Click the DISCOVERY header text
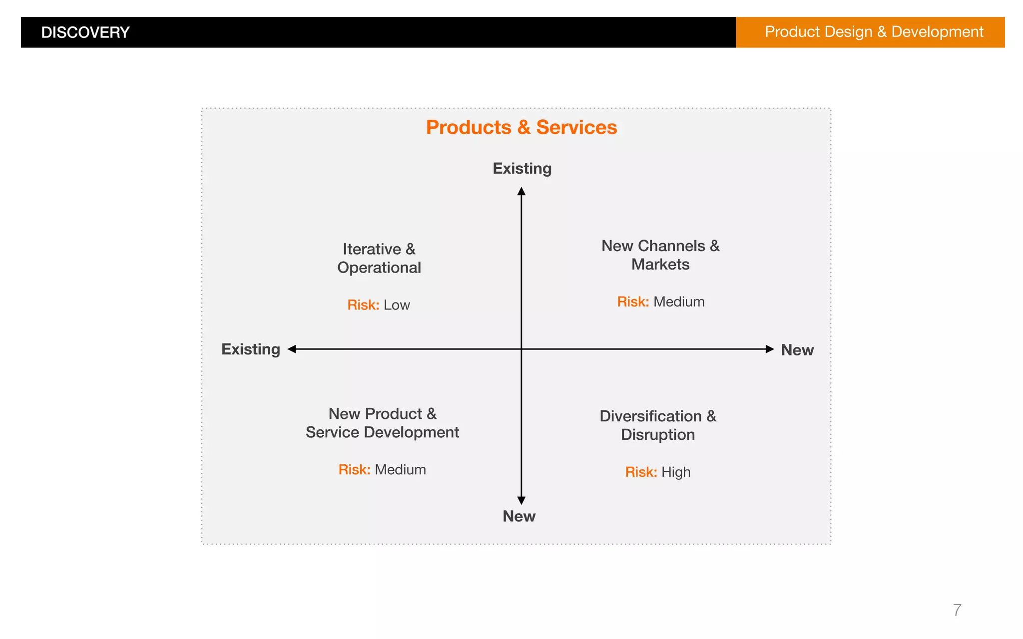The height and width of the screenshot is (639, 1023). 85,32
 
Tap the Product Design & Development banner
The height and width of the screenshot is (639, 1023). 874,32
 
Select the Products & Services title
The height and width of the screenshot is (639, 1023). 521,127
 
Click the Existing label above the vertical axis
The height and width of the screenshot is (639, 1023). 522,169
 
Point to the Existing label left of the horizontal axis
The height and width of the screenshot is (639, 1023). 251,349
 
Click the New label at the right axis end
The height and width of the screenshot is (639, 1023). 797,350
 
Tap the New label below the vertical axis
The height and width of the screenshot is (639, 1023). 519,516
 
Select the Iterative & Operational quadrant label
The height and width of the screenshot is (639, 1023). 379,259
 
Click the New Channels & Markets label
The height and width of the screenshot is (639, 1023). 660,255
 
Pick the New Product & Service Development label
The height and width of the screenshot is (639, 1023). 382,423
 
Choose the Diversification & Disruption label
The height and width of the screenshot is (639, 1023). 658,425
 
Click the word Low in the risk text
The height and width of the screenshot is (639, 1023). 397,305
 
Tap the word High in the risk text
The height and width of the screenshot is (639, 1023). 676,472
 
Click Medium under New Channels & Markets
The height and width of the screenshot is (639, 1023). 679,302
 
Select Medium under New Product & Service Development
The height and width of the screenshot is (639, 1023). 400,470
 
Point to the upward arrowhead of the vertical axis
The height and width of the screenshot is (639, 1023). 521,191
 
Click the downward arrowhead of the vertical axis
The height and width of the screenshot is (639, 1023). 521,500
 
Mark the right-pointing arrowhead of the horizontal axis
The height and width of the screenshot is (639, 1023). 770,349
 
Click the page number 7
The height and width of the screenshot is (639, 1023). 957,610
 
